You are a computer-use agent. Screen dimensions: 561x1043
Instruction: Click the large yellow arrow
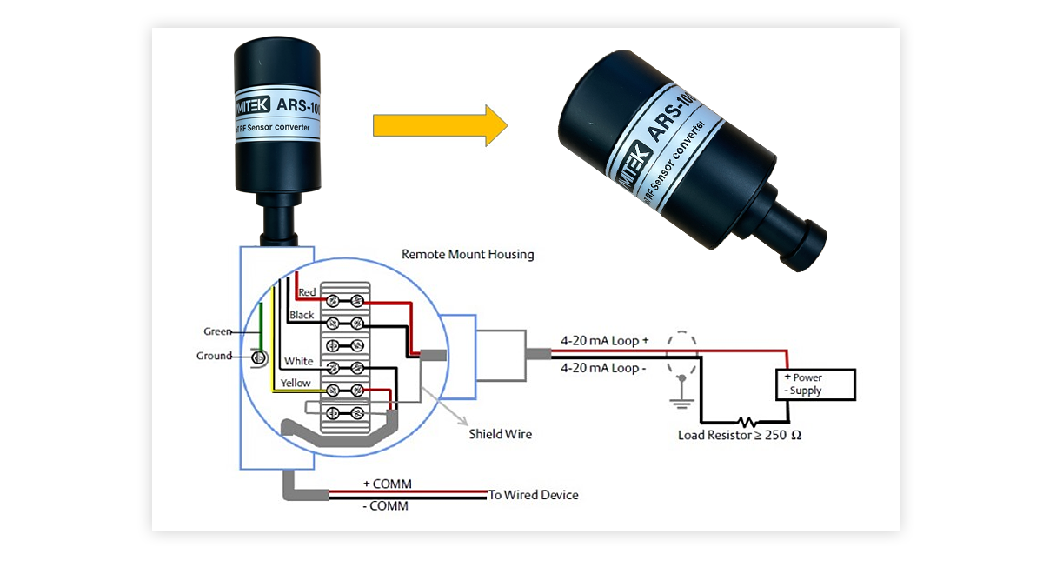(x=439, y=125)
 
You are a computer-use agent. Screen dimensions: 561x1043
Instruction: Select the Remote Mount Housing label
(x=468, y=255)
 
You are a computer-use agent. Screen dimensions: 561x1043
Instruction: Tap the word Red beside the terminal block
(x=308, y=292)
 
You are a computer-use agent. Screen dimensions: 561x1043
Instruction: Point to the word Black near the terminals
(x=302, y=315)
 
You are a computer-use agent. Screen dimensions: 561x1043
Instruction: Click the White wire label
(x=299, y=361)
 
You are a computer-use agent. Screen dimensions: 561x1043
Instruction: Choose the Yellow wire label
(x=296, y=383)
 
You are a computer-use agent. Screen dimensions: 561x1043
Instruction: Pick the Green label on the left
(x=217, y=331)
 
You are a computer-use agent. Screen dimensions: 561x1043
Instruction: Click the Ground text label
(x=214, y=356)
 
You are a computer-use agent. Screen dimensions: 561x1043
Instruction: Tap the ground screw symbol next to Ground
(x=257, y=357)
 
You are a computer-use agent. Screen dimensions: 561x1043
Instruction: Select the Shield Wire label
(x=500, y=433)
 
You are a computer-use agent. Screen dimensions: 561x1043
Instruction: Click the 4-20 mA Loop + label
(x=605, y=342)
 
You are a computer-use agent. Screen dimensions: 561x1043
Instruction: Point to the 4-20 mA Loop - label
(x=603, y=368)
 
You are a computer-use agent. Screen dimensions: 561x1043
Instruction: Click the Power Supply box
(x=815, y=384)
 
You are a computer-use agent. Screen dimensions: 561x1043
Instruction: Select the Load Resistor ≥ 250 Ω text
(x=739, y=435)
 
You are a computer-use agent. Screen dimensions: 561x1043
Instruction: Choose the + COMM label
(x=388, y=484)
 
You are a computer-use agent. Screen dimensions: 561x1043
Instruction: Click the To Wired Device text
(x=533, y=495)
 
